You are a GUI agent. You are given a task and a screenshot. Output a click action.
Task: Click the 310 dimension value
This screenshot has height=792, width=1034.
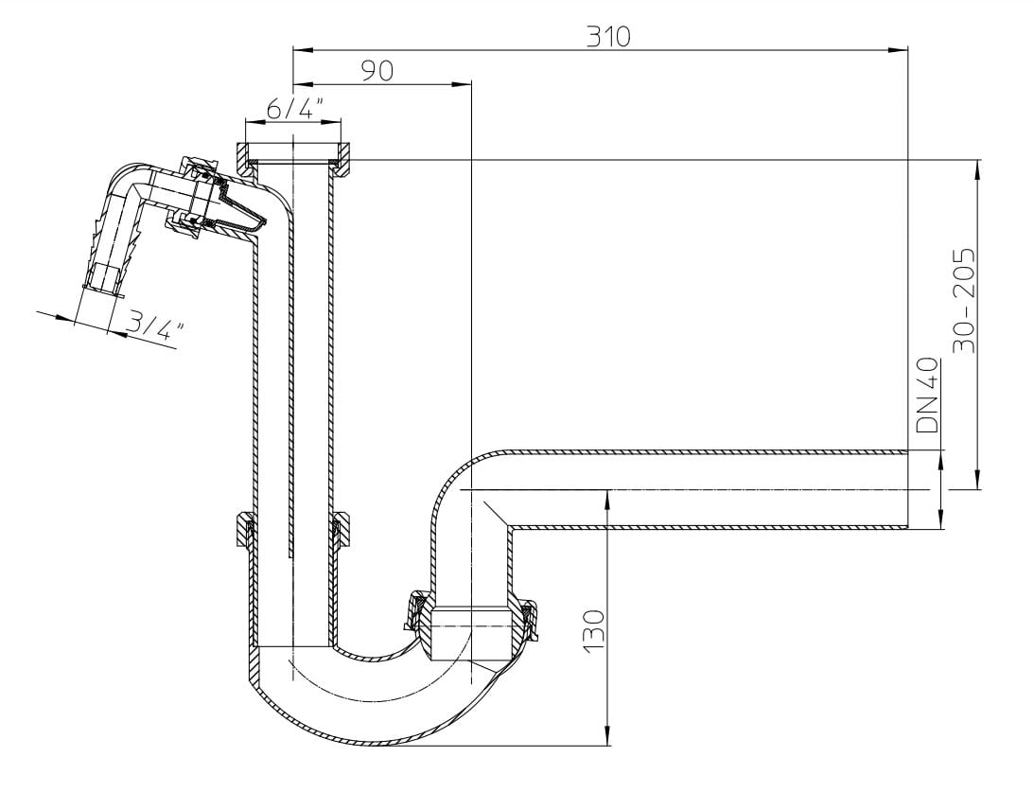(x=608, y=36)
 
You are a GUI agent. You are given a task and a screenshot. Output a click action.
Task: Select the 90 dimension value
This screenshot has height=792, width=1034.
(x=377, y=71)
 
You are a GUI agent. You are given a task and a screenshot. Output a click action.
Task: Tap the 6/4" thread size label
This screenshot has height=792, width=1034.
(x=294, y=108)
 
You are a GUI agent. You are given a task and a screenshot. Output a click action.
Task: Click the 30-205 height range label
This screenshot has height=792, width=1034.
(x=965, y=300)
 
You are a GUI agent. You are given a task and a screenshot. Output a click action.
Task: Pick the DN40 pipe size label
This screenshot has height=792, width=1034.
(x=927, y=395)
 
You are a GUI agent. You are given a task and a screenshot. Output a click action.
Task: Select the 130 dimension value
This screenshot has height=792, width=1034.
(x=593, y=631)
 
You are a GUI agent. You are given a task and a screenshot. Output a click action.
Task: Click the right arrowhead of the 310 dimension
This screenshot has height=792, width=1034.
(x=898, y=49)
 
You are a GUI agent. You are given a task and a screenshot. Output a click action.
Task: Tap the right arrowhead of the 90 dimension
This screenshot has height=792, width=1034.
(x=462, y=84)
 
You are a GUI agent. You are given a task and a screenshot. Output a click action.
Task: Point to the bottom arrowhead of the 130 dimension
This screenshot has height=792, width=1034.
(x=607, y=736)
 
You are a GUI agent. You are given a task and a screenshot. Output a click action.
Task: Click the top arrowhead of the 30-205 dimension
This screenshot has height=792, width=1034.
(x=978, y=169)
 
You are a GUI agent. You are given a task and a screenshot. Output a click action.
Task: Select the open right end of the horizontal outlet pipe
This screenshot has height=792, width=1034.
(x=908, y=488)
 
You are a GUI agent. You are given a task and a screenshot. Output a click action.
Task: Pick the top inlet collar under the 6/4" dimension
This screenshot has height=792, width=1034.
(x=294, y=158)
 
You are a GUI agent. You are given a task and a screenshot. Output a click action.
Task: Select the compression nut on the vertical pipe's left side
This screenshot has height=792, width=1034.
(x=245, y=529)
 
